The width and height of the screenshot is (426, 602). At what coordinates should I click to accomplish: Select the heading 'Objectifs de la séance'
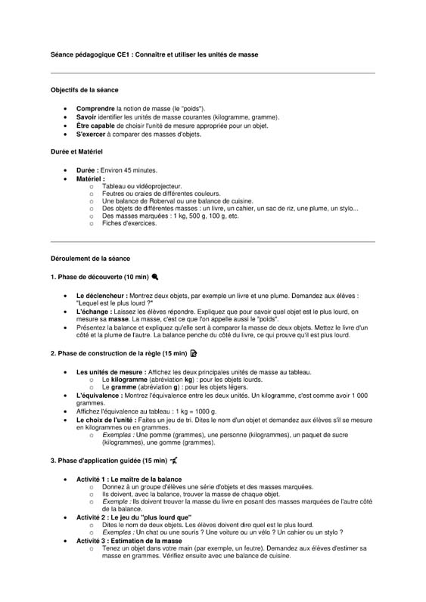click(85, 90)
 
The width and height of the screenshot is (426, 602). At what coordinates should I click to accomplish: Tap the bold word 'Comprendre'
click(95, 108)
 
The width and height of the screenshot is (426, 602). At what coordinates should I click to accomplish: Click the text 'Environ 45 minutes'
click(129, 170)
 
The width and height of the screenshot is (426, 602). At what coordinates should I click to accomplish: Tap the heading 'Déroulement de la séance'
click(89, 259)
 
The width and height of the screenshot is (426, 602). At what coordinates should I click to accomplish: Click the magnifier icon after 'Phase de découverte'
click(155, 277)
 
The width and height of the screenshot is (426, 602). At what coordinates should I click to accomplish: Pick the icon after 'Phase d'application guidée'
click(174, 461)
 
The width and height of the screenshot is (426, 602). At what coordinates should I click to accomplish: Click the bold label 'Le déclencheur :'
click(101, 295)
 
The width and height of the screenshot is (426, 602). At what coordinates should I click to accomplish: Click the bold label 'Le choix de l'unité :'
click(107, 420)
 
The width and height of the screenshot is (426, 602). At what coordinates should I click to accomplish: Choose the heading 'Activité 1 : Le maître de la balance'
click(129, 479)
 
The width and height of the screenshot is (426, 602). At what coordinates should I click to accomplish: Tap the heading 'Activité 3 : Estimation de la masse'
click(129, 541)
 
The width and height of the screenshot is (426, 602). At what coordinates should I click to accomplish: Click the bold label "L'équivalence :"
click(99, 396)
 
